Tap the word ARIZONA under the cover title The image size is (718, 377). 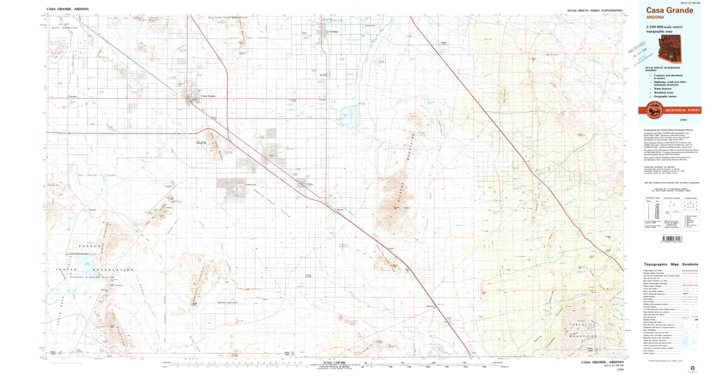tap(656, 17)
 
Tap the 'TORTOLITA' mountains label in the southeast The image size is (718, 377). tap(584, 324)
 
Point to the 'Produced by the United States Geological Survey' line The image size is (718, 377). tap(668, 129)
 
